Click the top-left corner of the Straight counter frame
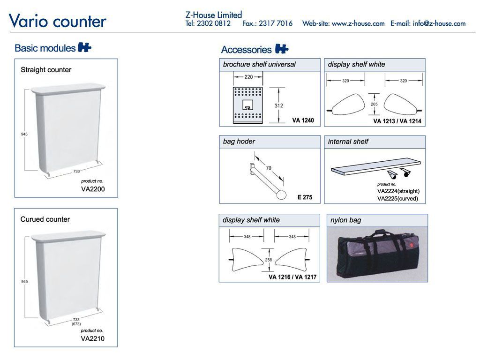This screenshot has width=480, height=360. pyautogui.click(x=15, y=59)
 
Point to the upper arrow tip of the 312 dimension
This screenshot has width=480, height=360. pyautogui.click(x=278, y=88)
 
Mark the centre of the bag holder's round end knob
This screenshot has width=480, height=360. pyautogui.click(x=281, y=195)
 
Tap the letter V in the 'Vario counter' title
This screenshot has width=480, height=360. pyautogui.click(x=15, y=21)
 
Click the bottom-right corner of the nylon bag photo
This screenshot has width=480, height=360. pyautogui.click(x=427, y=282)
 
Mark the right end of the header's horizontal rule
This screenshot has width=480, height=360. pyautogui.click(x=475, y=32)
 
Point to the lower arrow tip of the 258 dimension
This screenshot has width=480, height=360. pyautogui.click(x=269, y=270)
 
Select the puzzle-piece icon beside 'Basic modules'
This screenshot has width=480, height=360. pyautogui.click(x=85, y=47)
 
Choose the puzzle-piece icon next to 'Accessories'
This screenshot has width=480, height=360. pyautogui.click(x=282, y=49)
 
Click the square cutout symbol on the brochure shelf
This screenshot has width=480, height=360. pyautogui.click(x=247, y=105)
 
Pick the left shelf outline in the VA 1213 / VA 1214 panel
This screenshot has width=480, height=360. pyautogui.click(x=346, y=105)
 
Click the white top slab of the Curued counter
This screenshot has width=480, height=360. pyautogui.click(x=68, y=236)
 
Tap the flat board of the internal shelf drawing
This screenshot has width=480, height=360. pyautogui.click(x=376, y=166)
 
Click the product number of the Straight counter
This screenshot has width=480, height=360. pyautogui.click(x=93, y=189)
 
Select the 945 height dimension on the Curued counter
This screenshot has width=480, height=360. pyautogui.click(x=24, y=281)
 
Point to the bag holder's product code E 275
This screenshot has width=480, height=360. pyautogui.click(x=305, y=197)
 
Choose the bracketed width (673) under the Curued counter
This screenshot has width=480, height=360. pyautogui.click(x=76, y=324)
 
